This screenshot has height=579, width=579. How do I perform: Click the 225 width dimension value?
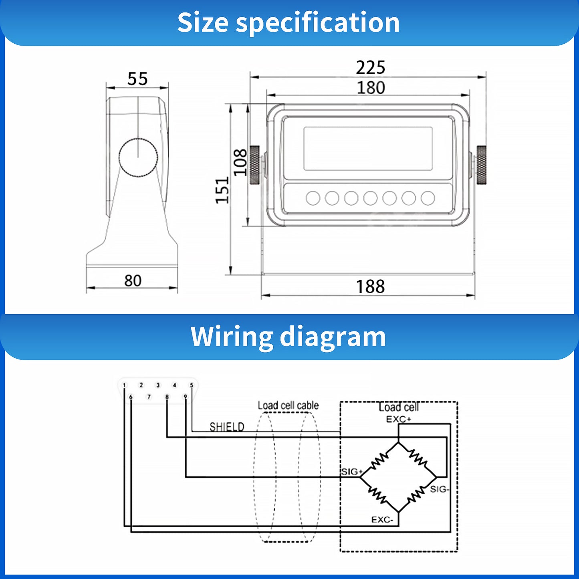coord(370,67)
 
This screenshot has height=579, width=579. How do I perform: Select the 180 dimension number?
coord(371,88)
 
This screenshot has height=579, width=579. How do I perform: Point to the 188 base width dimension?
coord(370,286)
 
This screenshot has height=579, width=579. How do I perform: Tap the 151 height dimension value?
coord(222,190)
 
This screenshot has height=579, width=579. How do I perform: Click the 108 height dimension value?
coord(240,162)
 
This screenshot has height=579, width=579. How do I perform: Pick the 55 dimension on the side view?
coord(137,79)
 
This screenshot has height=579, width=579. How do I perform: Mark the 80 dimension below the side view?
coord(133,280)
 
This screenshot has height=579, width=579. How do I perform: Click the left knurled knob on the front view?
coord(254,165)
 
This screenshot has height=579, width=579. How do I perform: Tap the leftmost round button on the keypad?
coord(313,198)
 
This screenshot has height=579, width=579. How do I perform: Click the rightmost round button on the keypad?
coord(428,198)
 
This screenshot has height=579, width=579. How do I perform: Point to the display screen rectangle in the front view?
coord(368,149)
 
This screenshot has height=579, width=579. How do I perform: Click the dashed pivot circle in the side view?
coord(138,157)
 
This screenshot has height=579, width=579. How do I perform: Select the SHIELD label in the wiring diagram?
coord(227,427)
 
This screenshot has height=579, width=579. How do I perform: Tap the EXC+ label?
coord(398,419)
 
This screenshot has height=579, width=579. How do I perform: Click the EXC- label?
coord(382,520)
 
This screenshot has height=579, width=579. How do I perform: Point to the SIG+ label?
coord(351,472)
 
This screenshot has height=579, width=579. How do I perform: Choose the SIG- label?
coord(440,489)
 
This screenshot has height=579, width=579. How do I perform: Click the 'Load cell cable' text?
coord(288,406)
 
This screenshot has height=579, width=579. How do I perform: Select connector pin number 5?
coord(192,385)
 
